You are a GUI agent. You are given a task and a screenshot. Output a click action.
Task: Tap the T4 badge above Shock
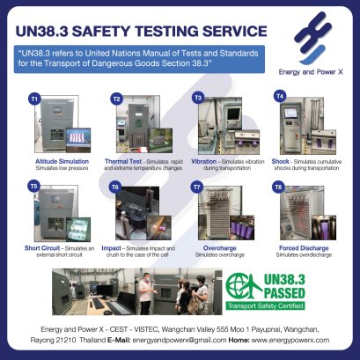[x=281, y=94]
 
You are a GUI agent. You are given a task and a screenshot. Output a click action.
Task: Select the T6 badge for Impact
[x=114, y=187]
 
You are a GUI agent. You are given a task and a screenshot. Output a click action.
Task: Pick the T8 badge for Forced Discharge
[x=279, y=187]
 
